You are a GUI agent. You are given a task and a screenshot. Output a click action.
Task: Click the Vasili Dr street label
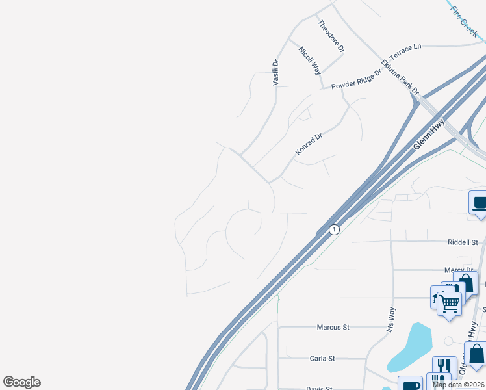pyautogui.click(x=275, y=72)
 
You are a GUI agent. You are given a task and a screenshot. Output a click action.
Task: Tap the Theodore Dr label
pyautogui.click(x=331, y=36)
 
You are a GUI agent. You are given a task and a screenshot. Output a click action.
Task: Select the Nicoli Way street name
pyautogui.click(x=310, y=60)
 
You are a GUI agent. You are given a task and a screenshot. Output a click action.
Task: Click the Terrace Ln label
pyautogui.click(x=406, y=50)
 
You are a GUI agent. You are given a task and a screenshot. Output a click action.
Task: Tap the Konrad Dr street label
pyautogui.click(x=309, y=144)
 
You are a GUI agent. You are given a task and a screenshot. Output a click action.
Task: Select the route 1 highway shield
pyautogui.click(x=334, y=229)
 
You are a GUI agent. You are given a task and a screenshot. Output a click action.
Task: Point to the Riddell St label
pyautogui.click(x=463, y=242)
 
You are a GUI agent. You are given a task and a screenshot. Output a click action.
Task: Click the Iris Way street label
pyautogui.click(x=391, y=320)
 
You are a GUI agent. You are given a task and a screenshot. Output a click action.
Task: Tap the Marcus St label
pyautogui.click(x=333, y=327)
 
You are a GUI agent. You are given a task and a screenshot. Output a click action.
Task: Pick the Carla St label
pyautogui.click(x=322, y=358)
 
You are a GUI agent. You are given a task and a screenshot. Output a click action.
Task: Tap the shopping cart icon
pyautogui.click(x=449, y=303)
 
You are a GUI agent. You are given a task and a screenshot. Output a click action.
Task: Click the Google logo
pyautogui.click(x=21, y=382)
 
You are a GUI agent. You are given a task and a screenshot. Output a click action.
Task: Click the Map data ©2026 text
pyautogui.click(x=459, y=385)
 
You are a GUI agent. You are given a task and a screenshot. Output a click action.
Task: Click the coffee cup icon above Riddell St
pyautogui.click(x=479, y=203)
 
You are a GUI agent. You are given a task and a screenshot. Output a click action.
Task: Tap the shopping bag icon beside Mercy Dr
pyautogui.click(x=466, y=283)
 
